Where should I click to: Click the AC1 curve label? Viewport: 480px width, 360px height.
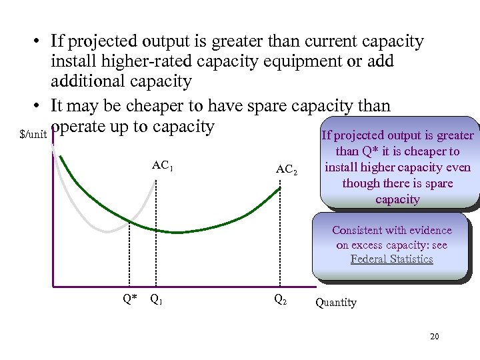pyautogui.click(x=163, y=165)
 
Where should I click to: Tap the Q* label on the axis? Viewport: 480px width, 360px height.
pyautogui.click(x=131, y=298)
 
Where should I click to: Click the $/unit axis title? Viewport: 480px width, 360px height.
pyautogui.click(x=33, y=135)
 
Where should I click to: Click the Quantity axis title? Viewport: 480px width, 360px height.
pyautogui.click(x=336, y=302)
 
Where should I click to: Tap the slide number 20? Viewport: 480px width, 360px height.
pyautogui.click(x=435, y=337)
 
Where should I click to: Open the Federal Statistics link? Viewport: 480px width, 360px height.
pyautogui.click(x=392, y=259)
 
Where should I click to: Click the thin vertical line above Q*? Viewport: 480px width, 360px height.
pyautogui.click(x=128, y=260)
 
